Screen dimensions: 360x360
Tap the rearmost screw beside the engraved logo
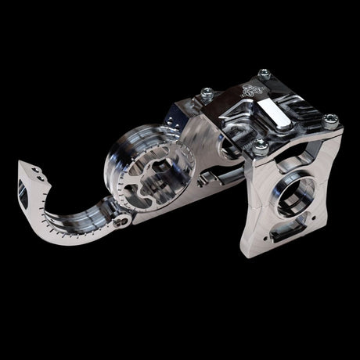pos(264,74)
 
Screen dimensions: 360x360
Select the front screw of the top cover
pos(260,145)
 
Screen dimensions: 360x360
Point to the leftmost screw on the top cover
pos(206,93)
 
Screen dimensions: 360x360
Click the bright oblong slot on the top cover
pos(279,111)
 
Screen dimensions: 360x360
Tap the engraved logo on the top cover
pos(249,88)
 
